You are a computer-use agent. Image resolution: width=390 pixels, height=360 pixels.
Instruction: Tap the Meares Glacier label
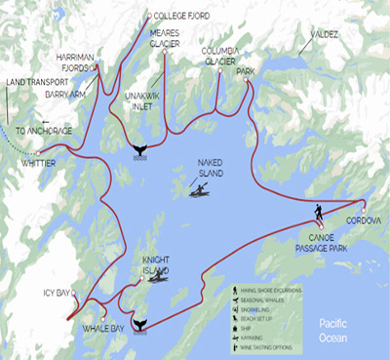[x=164, y=40]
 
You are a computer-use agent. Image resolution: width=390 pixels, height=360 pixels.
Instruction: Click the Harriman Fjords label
[x=77, y=61]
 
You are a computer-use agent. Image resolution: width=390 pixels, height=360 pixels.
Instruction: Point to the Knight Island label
[x=156, y=266]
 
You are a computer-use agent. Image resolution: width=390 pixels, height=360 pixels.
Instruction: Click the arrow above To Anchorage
[x=42, y=122]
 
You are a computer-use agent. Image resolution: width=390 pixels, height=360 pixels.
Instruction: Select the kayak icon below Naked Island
[x=198, y=190]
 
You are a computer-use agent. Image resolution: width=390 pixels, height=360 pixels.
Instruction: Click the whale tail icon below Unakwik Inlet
[x=139, y=149]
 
